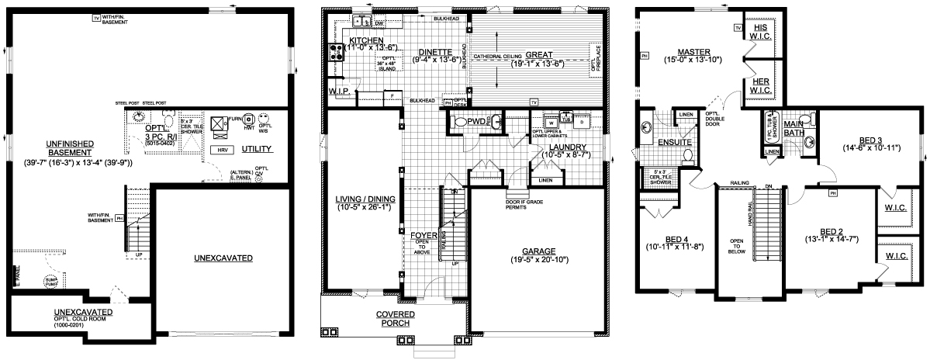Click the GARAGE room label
coord(539,251)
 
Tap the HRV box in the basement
coord(223,149)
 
